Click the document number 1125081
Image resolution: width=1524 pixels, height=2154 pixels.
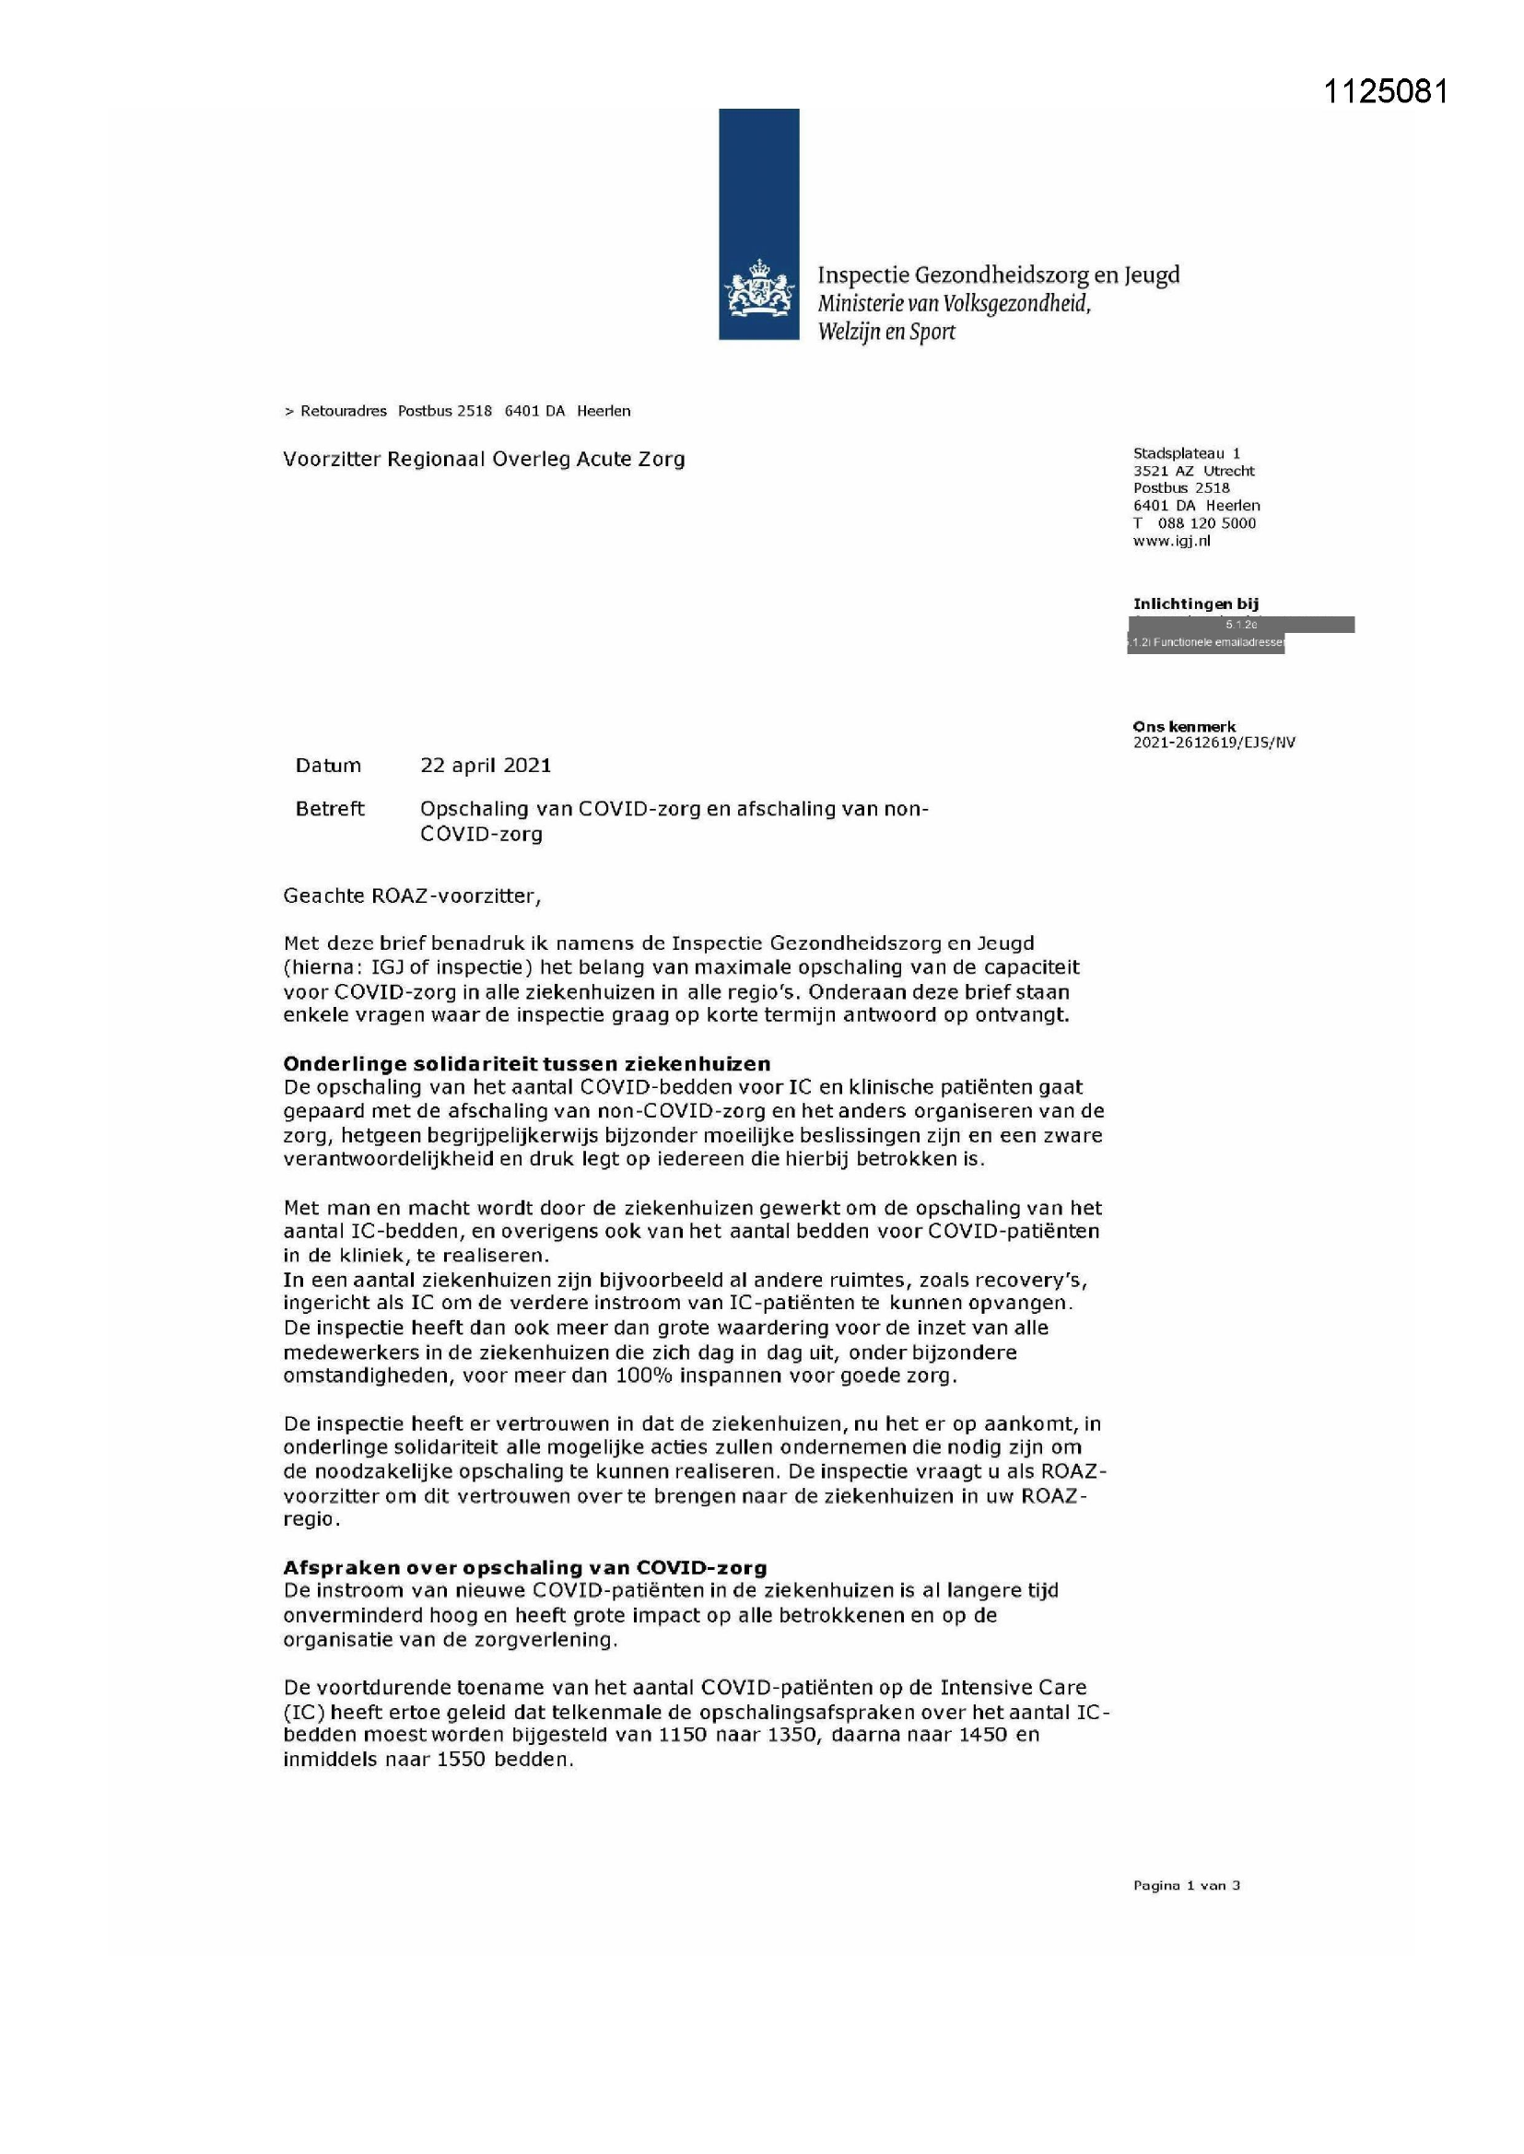[x=1385, y=91]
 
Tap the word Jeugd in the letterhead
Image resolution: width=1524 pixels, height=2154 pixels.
[x=1152, y=275]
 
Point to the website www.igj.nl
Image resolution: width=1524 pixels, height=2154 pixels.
[x=1171, y=541]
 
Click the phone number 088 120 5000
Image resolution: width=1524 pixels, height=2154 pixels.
[x=1206, y=523]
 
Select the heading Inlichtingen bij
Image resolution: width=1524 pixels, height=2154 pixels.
[x=1196, y=603]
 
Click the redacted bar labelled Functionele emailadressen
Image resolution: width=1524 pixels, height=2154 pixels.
[x=1206, y=643]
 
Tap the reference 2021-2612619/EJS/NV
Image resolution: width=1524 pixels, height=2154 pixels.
[x=1213, y=742]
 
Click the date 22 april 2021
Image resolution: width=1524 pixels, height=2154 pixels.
[x=486, y=765]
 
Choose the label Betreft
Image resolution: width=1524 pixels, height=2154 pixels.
[x=329, y=809]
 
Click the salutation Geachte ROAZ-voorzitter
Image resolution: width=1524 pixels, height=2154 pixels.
[x=412, y=895]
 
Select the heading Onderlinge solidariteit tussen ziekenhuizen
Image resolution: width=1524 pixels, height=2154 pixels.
[x=526, y=1063]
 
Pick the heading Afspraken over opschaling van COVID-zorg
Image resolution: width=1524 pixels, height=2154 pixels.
[x=524, y=1567]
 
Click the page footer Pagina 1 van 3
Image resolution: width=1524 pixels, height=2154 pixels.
[x=1186, y=1885]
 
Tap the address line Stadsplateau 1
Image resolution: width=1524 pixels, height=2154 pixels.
[x=1186, y=453]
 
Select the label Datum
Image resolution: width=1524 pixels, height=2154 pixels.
[x=327, y=765]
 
